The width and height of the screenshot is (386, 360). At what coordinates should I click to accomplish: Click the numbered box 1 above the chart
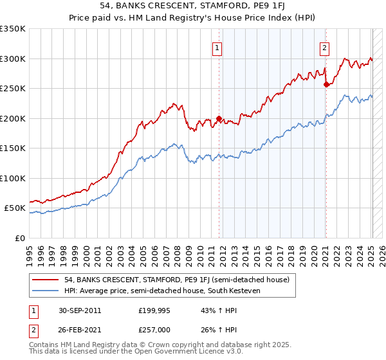pos(217,47)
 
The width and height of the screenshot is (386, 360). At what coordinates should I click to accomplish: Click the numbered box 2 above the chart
pos(324,47)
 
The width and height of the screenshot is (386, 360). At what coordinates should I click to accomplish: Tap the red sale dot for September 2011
pos(219,118)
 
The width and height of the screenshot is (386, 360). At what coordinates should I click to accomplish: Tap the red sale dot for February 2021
pos(326,84)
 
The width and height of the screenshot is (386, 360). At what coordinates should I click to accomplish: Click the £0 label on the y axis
pos(19,238)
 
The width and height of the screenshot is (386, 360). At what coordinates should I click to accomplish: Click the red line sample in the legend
pos(46,280)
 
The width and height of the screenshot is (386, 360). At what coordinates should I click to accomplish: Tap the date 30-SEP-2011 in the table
pos(78,310)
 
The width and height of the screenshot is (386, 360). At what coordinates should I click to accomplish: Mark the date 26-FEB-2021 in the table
pos(78,330)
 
